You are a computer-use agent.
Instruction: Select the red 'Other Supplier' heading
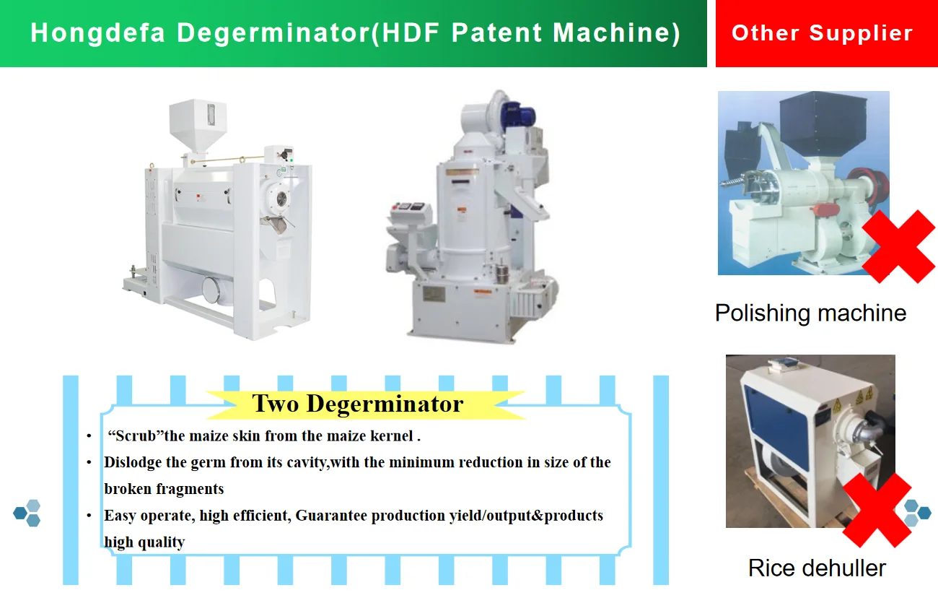[822, 33]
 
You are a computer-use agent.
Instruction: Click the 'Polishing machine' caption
[810, 313]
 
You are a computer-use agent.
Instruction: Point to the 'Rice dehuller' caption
[817, 568]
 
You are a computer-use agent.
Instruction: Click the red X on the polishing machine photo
[898, 246]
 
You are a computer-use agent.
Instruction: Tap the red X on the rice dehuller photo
[877, 510]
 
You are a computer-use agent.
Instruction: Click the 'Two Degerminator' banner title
[357, 403]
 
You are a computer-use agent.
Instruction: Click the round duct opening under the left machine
[213, 290]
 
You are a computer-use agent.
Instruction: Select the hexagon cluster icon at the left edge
[27, 513]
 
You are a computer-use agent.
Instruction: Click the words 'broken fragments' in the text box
[164, 489]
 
